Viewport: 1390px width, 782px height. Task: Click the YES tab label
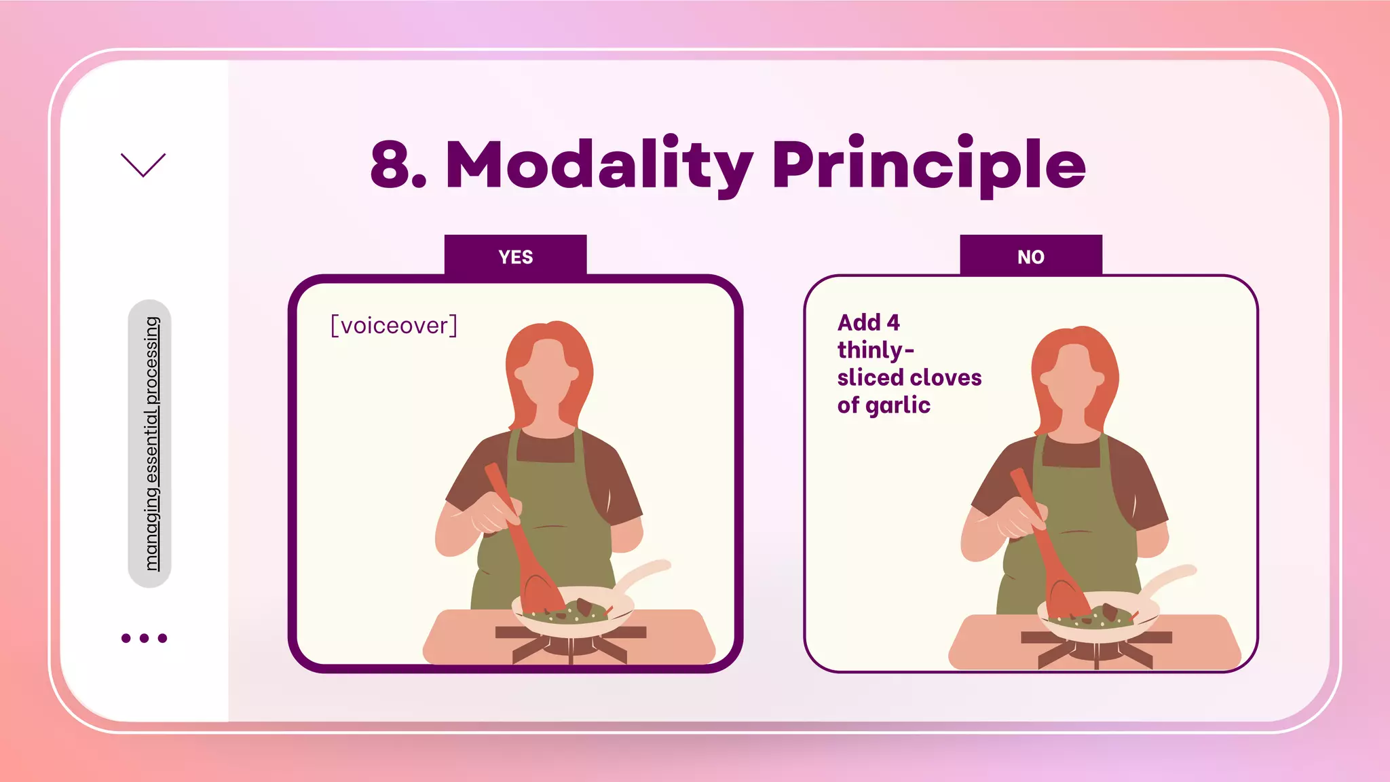515,257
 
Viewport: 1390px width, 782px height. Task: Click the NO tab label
1030,257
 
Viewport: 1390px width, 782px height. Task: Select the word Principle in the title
928,165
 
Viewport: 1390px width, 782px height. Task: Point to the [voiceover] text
394,326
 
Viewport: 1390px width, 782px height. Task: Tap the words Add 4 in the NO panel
868,322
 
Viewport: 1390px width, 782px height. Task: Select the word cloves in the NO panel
947,377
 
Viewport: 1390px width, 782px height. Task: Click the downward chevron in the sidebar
143,165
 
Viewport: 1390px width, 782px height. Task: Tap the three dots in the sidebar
144,638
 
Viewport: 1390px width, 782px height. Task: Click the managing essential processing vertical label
150,443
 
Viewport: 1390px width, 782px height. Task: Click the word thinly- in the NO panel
876,350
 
